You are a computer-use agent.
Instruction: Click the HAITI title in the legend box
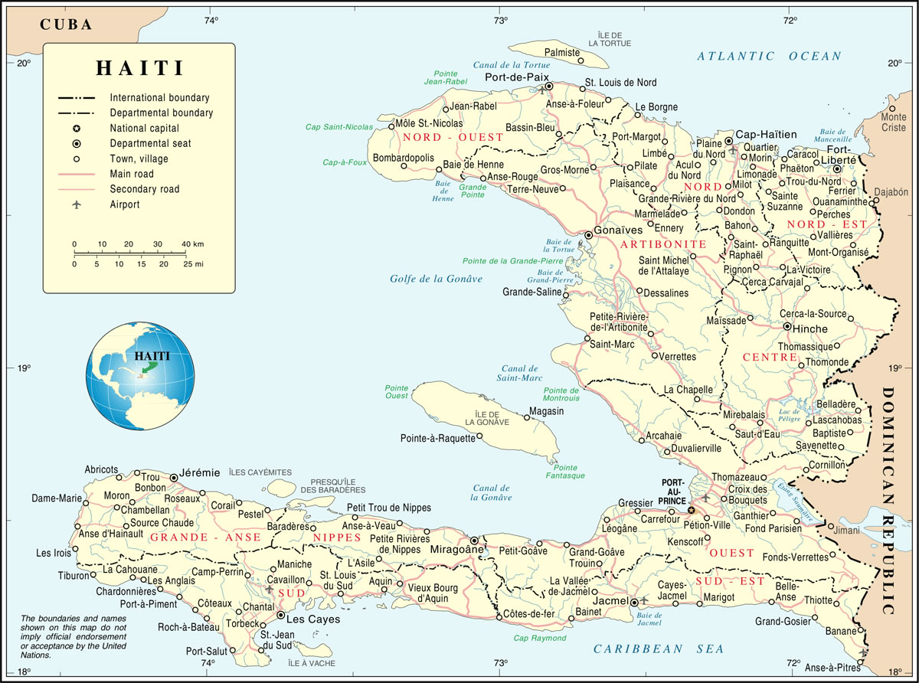tap(139, 67)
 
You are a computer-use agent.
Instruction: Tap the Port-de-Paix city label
tap(512, 77)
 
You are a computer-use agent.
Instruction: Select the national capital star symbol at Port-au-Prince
tap(691, 509)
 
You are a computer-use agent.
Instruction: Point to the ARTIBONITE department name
tap(663, 244)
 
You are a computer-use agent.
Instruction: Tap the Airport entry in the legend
tap(124, 204)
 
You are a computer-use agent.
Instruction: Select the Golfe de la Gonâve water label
tap(436, 279)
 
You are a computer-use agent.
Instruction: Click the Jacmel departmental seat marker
tap(634, 603)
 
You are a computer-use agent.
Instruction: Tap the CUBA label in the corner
tap(66, 25)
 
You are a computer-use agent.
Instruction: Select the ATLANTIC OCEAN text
tap(768, 56)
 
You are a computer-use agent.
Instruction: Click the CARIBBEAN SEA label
tap(659, 649)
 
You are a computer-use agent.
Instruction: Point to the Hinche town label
tap(811, 328)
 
